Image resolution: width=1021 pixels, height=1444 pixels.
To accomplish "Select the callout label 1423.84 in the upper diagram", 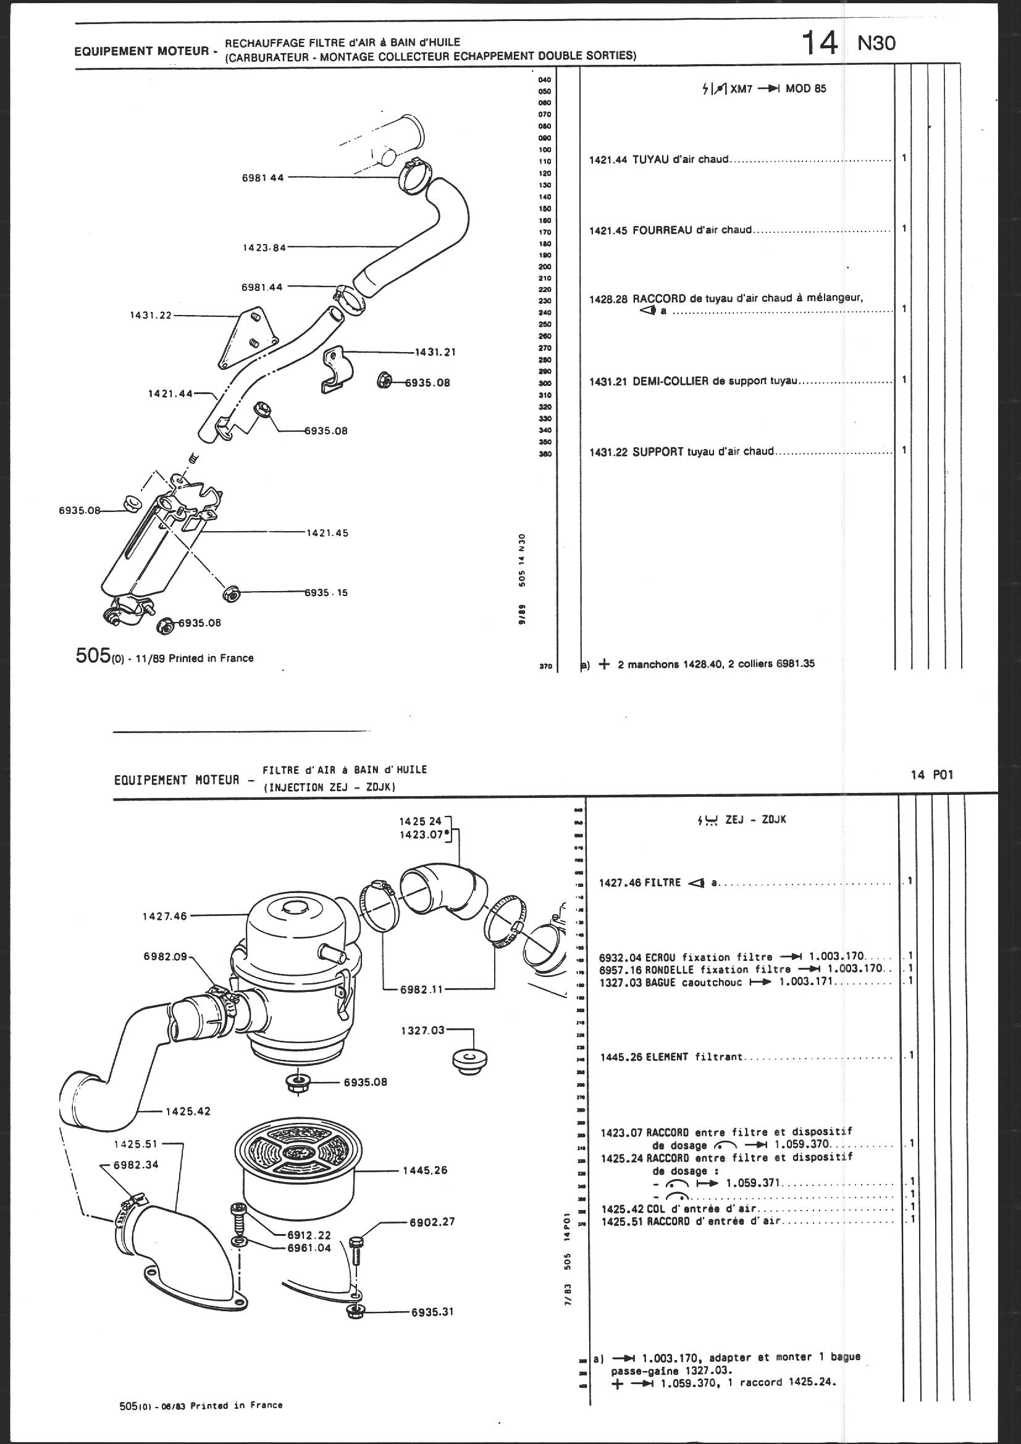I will point(264,247).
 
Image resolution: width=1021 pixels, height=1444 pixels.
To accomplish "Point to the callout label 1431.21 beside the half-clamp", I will point(435,352).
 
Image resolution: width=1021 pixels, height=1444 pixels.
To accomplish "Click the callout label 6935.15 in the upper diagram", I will point(326,592).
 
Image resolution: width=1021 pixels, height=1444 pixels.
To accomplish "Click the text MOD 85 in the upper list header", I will point(806,89).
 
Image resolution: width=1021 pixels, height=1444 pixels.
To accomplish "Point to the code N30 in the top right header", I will point(876,43).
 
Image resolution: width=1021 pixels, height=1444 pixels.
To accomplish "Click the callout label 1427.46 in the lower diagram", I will point(164,917).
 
